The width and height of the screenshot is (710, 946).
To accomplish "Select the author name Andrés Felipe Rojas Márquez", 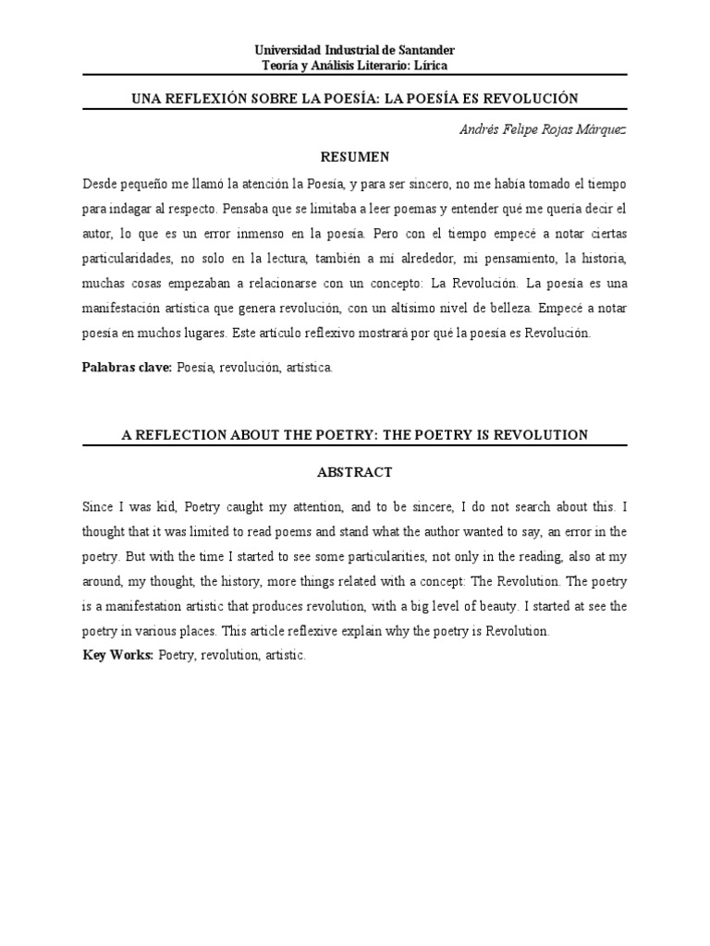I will (543, 130).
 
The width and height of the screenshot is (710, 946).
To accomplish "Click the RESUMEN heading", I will (354, 156).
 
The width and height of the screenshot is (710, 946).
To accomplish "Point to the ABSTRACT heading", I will (354, 472).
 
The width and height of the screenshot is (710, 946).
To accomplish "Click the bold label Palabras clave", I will (128, 367).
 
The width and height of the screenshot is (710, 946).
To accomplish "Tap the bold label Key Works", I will (117, 655).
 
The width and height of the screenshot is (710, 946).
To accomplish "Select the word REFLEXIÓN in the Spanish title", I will (205, 98).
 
